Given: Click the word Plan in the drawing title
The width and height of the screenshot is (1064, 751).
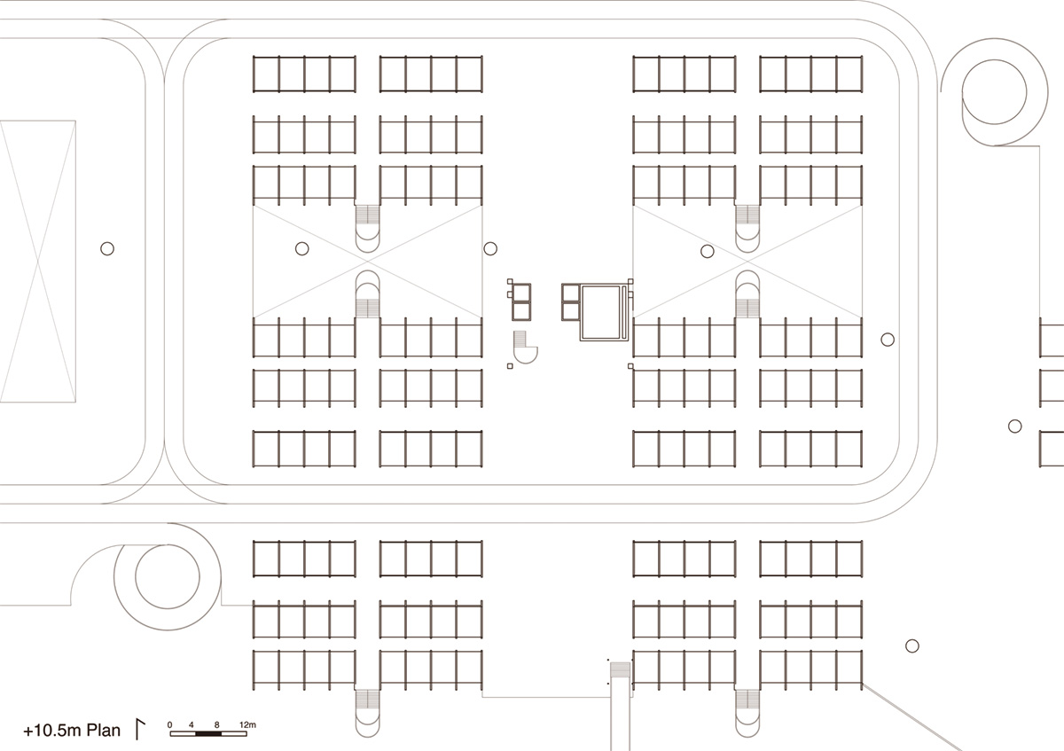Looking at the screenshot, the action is [104, 730].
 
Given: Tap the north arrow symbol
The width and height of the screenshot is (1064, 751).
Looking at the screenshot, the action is [140, 729].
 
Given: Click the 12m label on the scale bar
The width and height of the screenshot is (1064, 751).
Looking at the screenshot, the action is [247, 725].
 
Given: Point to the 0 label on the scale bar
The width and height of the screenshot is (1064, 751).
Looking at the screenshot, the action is [169, 725].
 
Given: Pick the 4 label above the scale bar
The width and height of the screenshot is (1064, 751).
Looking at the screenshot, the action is [192, 725].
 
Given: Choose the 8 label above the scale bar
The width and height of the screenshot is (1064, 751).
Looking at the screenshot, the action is [216, 725].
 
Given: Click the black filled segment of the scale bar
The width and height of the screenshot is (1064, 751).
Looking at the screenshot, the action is [208, 734].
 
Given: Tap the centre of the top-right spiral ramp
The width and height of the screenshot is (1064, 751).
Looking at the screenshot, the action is [994, 92].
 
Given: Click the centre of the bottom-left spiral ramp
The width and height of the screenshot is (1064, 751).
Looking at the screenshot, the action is [168, 576].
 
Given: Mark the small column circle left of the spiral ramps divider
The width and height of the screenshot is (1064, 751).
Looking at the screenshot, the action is [107, 248].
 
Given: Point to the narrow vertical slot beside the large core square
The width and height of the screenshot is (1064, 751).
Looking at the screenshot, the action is [624, 312].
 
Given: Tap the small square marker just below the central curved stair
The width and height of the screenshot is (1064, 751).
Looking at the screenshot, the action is [510, 366].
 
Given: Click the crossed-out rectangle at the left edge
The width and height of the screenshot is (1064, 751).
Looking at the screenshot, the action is [38, 262].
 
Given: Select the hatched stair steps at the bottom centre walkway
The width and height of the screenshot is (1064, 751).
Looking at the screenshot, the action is [620, 670].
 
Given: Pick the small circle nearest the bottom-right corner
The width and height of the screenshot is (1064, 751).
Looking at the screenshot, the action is [912, 646].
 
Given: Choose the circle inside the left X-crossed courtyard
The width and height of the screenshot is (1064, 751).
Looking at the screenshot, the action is [302, 248].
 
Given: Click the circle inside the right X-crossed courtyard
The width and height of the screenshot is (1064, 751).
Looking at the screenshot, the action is [708, 251].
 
